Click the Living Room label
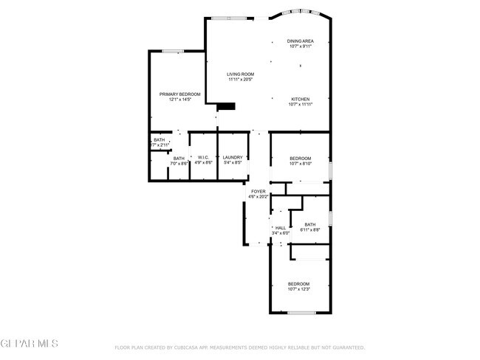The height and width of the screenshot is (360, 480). (240, 75)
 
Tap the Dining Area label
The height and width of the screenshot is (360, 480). (300, 41)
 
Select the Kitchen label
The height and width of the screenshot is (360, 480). (300, 99)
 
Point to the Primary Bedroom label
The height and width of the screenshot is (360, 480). (179, 94)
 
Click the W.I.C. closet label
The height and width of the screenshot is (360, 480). (203, 157)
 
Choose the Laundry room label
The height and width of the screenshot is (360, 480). (233, 157)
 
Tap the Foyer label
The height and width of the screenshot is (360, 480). (258, 191)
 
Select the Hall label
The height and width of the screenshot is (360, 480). (281, 228)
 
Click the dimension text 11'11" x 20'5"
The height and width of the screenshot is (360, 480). (240, 80)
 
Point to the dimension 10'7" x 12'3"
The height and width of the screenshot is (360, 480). (298, 289)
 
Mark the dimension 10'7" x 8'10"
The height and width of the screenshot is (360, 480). (300, 164)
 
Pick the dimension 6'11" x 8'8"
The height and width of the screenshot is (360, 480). (309, 230)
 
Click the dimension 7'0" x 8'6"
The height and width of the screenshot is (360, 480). (179, 163)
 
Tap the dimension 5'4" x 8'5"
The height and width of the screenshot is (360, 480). (233, 162)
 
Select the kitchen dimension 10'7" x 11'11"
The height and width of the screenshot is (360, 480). (300, 105)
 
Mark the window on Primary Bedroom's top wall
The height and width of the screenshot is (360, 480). (174, 51)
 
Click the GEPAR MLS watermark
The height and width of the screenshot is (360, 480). (30, 344)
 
